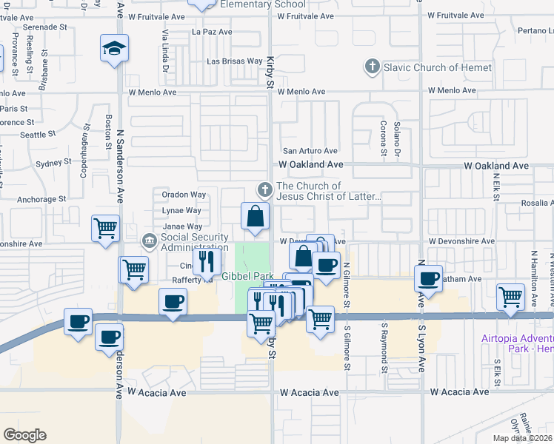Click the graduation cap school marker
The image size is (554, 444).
pos(115,49)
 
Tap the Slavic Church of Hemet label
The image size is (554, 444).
pos(437,67)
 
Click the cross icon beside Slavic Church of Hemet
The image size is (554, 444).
pos(373,67)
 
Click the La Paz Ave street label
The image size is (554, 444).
pos(212,32)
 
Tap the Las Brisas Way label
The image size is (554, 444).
pos(234,61)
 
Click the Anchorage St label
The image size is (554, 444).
pos(41,198)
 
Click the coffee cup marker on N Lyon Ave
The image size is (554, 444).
pos(428,278)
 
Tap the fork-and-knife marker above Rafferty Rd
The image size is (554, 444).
pos(206,260)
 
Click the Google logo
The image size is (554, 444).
pos(24,435)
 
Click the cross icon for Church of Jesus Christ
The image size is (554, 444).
pos(263,191)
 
